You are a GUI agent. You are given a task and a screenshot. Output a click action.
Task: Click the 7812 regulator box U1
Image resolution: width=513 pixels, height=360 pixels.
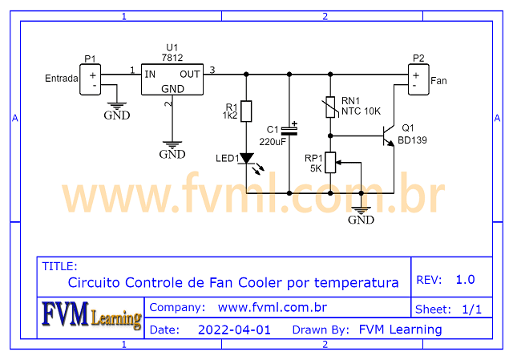172,80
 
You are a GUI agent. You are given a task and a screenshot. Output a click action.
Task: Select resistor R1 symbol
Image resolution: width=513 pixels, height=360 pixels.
246,111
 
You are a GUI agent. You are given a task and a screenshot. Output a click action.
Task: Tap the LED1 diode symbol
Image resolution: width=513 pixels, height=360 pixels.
246,159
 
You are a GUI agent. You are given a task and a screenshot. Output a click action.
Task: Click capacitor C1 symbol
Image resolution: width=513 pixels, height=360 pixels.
289,128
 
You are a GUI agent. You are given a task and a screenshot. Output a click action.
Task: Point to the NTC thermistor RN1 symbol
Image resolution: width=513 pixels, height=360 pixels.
329,106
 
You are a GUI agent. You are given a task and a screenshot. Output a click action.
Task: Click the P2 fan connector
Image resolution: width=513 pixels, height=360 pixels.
418,79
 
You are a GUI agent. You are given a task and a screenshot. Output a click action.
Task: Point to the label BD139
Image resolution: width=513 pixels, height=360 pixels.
414,140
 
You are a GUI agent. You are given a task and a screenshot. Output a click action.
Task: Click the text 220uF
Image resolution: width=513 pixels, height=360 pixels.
273,141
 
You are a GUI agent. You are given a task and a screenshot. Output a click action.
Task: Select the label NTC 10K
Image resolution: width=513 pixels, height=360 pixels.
362,111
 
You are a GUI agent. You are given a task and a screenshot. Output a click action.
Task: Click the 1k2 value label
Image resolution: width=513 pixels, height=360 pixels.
230,116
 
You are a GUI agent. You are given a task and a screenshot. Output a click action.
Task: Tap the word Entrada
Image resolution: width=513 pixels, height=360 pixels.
61,79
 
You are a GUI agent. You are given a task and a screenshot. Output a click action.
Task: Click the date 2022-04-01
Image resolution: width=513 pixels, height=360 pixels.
234,330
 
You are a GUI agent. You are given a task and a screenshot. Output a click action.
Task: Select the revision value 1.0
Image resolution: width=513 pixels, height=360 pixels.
465,280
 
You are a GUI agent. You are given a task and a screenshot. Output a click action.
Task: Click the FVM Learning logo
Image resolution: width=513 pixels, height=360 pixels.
91,316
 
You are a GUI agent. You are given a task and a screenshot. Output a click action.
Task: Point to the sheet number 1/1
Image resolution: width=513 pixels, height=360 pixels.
472,309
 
